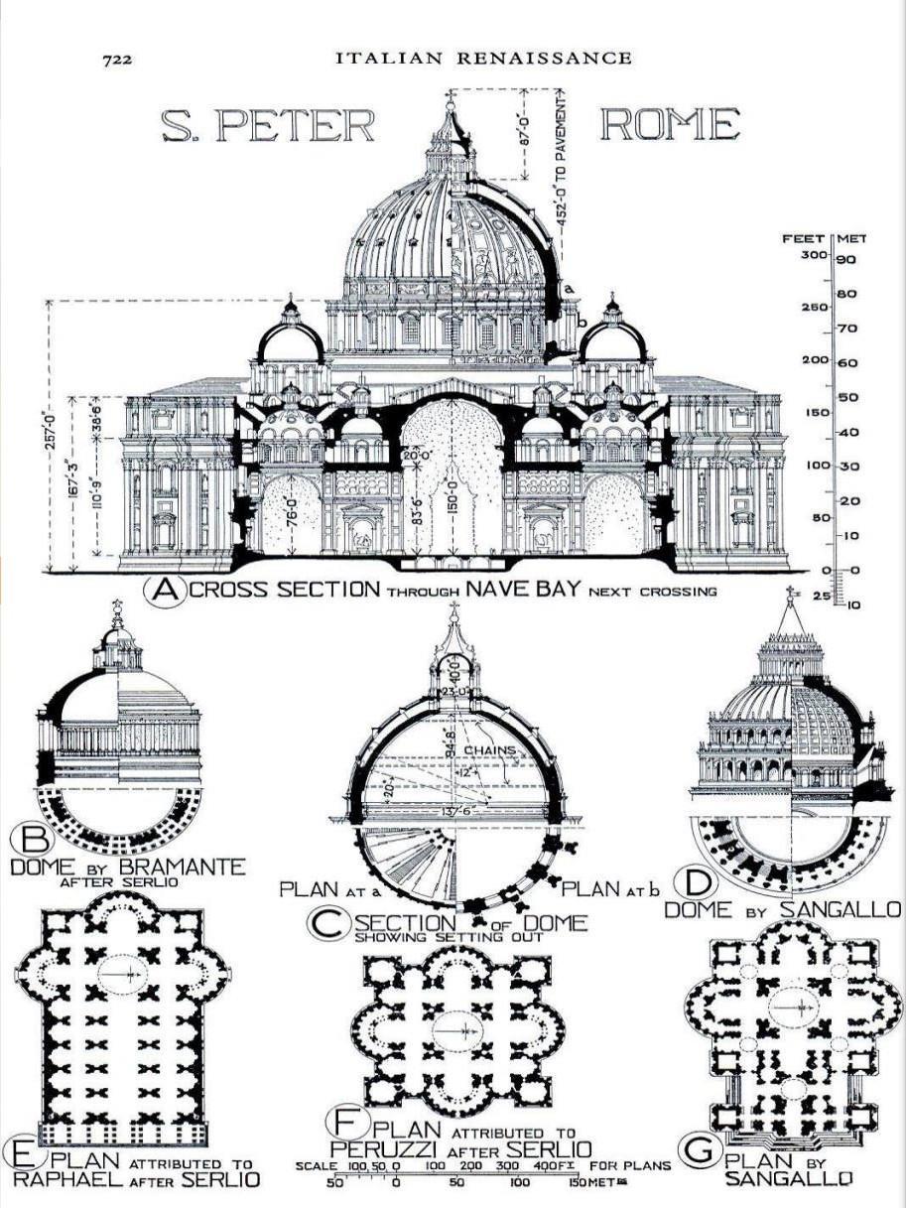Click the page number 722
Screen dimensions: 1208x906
[x=117, y=60]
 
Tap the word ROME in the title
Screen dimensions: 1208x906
[x=670, y=125]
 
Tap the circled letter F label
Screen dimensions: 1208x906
[x=343, y=1123]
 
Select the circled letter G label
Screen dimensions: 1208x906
[x=704, y=1149]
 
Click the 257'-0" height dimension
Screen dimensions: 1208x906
[x=51, y=436]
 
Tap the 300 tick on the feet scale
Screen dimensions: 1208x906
[x=817, y=255]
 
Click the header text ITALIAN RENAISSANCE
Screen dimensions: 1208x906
[x=482, y=58]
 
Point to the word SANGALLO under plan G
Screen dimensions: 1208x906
[x=790, y=1178]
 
